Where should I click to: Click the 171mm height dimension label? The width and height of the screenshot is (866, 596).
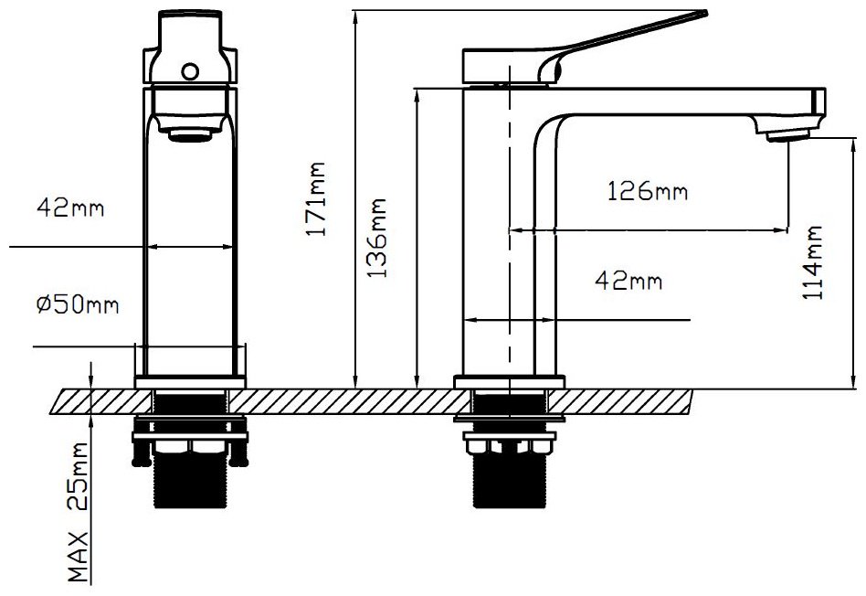pyautogui.click(x=316, y=199)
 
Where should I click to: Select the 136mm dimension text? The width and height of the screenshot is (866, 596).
pyautogui.click(x=378, y=238)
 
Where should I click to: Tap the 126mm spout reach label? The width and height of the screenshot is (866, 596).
pyautogui.click(x=648, y=191)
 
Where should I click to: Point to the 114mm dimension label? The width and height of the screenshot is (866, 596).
pyautogui.click(x=812, y=262)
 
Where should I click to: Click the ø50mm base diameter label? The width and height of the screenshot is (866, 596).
pyautogui.click(x=78, y=304)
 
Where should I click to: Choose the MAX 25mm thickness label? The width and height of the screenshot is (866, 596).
pyautogui.click(x=79, y=512)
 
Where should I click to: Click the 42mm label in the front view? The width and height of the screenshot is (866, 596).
pyautogui.click(x=70, y=208)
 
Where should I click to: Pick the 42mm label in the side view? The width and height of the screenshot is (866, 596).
pyautogui.click(x=628, y=281)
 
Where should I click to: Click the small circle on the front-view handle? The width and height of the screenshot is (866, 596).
pyautogui.click(x=190, y=71)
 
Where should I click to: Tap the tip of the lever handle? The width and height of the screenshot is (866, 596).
pyautogui.click(x=706, y=13)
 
